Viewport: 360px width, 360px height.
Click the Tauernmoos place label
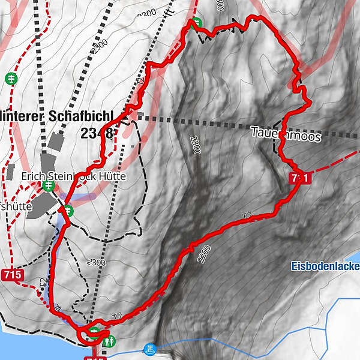[286, 136]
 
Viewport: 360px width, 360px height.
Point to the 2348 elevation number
[97, 133]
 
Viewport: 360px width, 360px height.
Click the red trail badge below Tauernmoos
[300, 178]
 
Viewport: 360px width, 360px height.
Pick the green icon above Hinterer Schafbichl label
[10, 78]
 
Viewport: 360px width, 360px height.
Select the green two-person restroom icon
[109, 342]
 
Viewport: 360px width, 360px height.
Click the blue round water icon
[149, 348]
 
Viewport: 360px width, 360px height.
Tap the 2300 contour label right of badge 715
[96, 262]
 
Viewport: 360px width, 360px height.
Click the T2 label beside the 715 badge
[43, 283]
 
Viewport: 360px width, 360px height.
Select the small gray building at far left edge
[10, 172]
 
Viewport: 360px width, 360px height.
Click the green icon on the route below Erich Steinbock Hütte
[68, 210]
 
